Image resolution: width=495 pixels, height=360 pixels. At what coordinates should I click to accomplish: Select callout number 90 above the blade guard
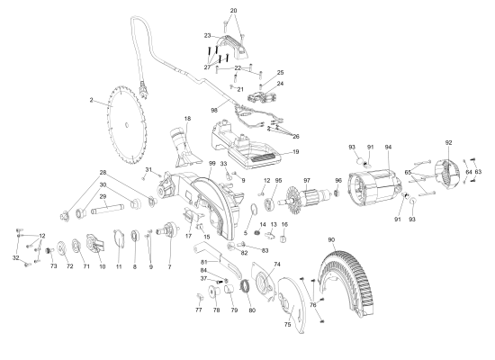[x=331, y=239]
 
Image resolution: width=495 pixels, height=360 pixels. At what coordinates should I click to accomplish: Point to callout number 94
[x=389, y=146]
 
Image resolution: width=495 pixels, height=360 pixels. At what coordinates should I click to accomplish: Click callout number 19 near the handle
[x=296, y=152]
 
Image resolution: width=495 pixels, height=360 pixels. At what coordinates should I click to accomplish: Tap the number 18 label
[x=187, y=119]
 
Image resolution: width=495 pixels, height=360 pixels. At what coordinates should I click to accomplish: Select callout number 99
[x=211, y=163]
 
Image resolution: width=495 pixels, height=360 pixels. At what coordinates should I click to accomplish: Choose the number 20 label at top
[x=234, y=11]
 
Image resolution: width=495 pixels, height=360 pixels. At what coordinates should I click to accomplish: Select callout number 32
[x=15, y=258]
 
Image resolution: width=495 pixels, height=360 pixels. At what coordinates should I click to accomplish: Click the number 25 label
[x=280, y=72]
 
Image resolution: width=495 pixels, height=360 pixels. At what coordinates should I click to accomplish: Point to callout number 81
[x=204, y=262]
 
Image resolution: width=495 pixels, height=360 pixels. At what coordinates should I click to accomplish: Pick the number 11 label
[x=118, y=267]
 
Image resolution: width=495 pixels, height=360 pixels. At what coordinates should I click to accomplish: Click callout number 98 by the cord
[x=215, y=110]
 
